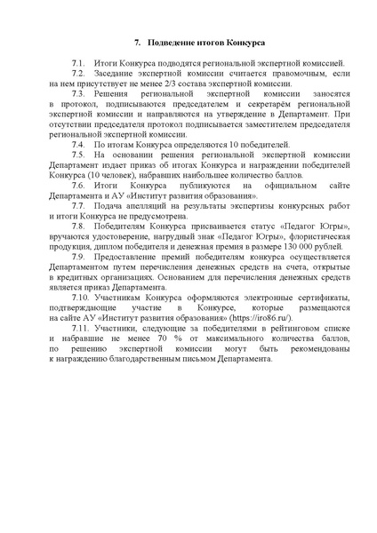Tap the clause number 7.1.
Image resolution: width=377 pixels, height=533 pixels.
click(80, 66)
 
